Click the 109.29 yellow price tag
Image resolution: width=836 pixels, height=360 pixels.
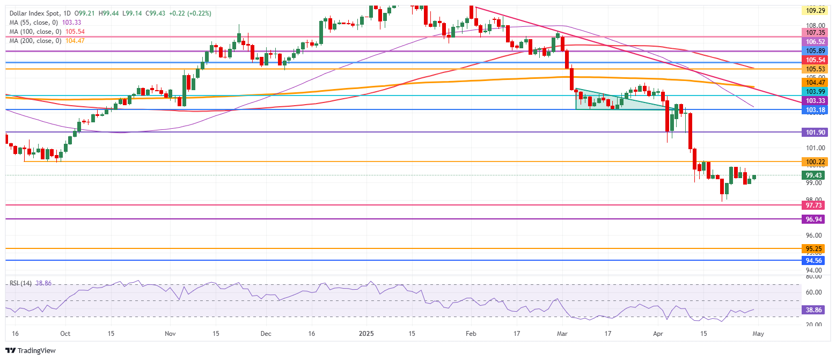(x=816, y=10)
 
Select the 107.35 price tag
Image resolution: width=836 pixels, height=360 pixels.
(x=816, y=33)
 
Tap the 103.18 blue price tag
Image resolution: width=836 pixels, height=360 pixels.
(x=816, y=110)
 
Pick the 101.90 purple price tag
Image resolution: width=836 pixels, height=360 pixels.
(x=816, y=132)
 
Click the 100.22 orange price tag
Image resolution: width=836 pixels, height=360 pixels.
(x=816, y=161)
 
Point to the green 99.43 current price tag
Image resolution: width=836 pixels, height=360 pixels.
(x=816, y=175)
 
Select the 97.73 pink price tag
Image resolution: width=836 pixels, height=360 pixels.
(x=816, y=205)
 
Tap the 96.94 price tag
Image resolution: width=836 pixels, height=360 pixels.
(x=816, y=219)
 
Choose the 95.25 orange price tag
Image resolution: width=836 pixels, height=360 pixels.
(x=816, y=249)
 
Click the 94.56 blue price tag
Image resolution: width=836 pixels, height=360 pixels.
(x=816, y=261)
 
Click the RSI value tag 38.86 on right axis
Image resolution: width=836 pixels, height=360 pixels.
(x=816, y=310)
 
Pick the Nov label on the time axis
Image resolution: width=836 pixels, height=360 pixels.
(x=170, y=333)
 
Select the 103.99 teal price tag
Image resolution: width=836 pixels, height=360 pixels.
(x=816, y=91)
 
